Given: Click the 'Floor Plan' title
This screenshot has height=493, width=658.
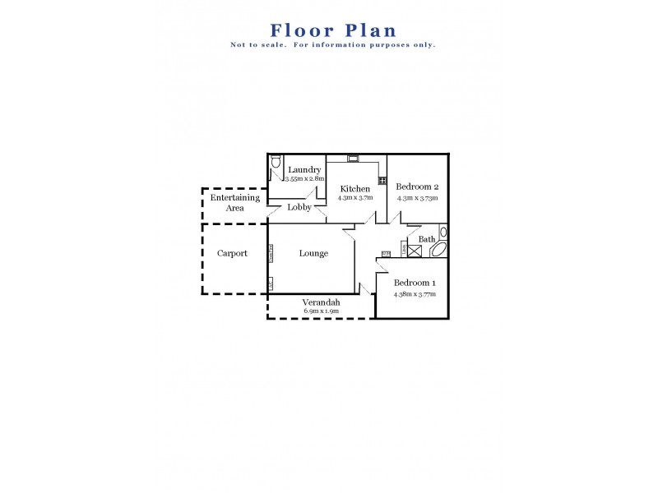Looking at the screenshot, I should (332, 30).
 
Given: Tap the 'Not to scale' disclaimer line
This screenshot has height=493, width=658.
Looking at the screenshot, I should (332, 44).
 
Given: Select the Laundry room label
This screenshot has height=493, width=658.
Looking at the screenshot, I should (304, 170).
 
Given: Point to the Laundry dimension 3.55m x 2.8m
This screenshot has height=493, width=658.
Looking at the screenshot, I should (305, 178).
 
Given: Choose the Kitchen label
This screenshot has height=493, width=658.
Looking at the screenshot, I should (355, 189).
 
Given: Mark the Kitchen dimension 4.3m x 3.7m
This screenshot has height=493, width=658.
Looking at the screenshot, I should (355, 197).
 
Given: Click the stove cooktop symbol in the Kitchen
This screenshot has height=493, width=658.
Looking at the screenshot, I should (382, 181).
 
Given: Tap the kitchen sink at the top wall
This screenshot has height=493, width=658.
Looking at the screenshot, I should (353, 158).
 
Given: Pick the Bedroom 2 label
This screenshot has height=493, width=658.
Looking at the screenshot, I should (418, 186).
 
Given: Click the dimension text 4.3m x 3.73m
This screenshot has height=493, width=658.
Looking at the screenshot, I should (418, 197).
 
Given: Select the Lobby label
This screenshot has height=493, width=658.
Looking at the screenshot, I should (299, 207).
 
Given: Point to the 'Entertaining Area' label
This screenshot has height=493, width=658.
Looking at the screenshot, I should (235, 203).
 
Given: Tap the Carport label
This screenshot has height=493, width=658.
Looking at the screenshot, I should (232, 253).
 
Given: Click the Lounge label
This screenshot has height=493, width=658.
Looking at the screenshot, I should (313, 253).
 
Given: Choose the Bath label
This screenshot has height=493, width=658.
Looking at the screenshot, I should (427, 239).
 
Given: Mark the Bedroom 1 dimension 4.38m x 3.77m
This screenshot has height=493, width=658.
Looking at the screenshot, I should (415, 293).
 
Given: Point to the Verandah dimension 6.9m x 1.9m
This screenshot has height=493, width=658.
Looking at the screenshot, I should (322, 311).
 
